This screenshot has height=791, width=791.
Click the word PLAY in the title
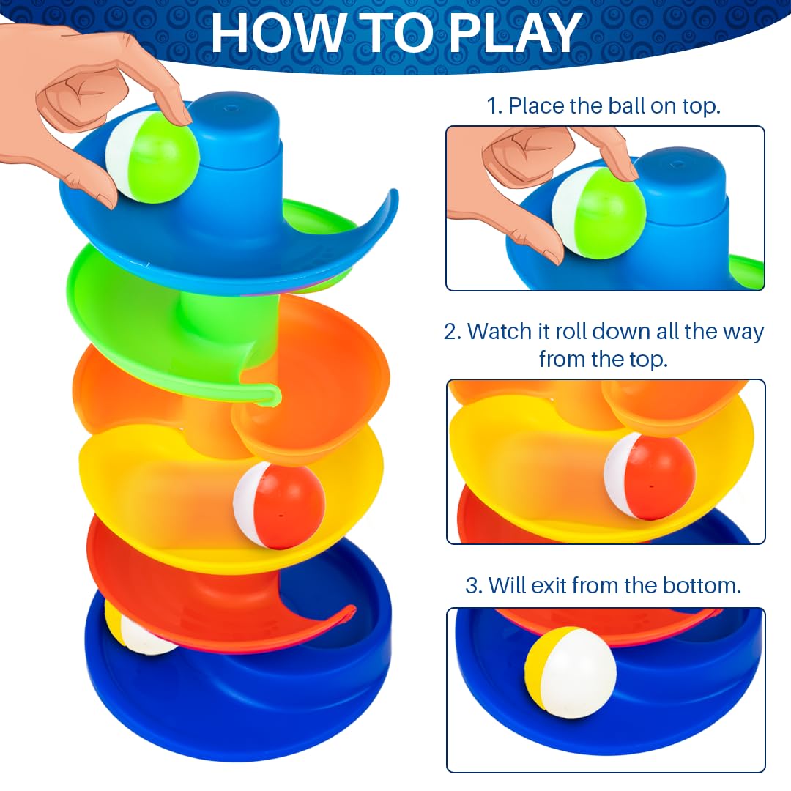pos(515,33)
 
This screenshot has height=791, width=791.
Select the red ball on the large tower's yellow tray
pos(279,506)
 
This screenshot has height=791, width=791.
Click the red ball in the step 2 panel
pos(649,476)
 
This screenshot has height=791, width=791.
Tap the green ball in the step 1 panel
pos(599,213)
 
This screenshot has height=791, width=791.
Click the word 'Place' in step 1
pos(536,106)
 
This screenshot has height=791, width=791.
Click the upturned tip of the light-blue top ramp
pos(391,198)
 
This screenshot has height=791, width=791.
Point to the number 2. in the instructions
pos(453,332)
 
